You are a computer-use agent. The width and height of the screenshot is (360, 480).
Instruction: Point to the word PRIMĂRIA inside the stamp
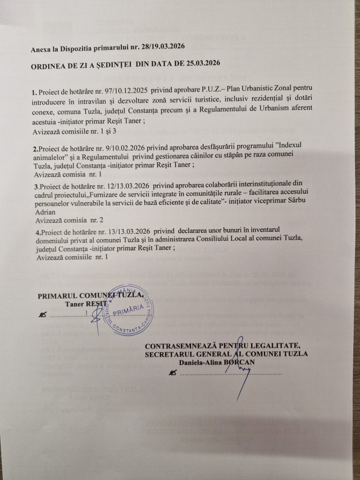coord(130,312)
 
